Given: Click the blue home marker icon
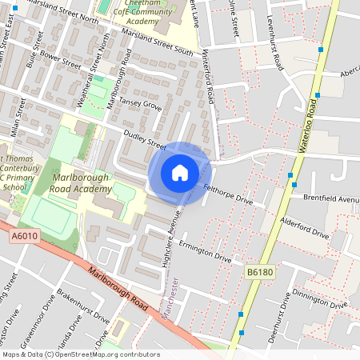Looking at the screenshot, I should (x=180, y=173).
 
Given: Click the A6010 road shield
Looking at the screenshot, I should (x=26, y=237).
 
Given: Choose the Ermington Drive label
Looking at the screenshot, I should (x=206, y=252).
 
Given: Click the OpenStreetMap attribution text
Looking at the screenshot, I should (x=80, y=354).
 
